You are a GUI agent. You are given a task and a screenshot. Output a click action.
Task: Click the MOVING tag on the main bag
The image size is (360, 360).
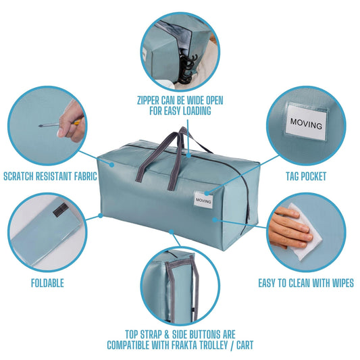(203, 200)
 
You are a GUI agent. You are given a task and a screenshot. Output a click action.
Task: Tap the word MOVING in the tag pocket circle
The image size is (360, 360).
(306, 124)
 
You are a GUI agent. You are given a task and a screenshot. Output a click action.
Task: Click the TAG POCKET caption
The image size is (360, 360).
(306, 176)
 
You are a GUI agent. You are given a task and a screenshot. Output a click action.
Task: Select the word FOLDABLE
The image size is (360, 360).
(47, 283)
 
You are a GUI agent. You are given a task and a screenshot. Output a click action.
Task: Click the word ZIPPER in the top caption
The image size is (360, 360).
(149, 101)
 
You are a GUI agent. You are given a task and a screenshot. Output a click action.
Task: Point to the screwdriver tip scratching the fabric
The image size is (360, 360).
(41, 126)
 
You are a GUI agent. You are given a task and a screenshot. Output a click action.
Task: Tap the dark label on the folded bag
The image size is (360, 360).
(60, 209)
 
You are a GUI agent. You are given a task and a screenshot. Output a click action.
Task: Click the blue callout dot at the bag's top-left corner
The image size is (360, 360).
(112, 165)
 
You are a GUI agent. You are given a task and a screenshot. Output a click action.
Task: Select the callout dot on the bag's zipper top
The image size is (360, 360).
(188, 155)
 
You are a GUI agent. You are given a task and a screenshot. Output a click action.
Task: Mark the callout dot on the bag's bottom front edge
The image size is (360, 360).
(172, 232)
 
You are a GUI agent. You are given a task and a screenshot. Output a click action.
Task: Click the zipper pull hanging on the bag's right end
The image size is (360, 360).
(249, 211)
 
